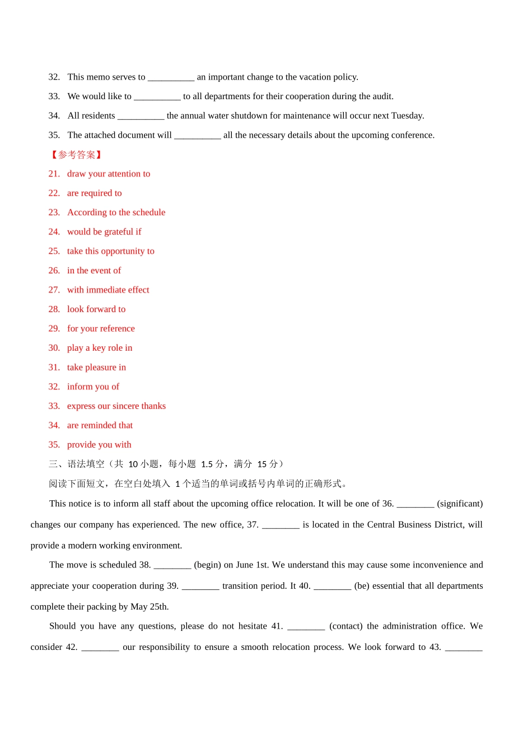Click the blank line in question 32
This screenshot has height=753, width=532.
(x=171, y=78)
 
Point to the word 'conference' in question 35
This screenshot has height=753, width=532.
(x=412, y=135)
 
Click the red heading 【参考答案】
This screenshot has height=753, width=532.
(x=76, y=155)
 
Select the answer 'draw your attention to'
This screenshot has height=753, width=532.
(x=109, y=174)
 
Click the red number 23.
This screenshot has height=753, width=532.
(x=54, y=212)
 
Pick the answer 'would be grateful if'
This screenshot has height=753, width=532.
(x=104, y=232)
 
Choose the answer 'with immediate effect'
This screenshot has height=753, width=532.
(x=108, y=290)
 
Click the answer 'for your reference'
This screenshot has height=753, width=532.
(x=101, y=329)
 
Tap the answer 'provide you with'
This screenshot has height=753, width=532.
(x=99, y=445)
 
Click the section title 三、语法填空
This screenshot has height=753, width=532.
(x=77, y=464)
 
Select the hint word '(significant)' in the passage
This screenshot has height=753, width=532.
(x=460, y=504)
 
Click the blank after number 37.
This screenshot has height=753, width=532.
(x=281, y=526)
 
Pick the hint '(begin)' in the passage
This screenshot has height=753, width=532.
(x=207, y=565)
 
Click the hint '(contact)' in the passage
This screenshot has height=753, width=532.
(x=346, y=626)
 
